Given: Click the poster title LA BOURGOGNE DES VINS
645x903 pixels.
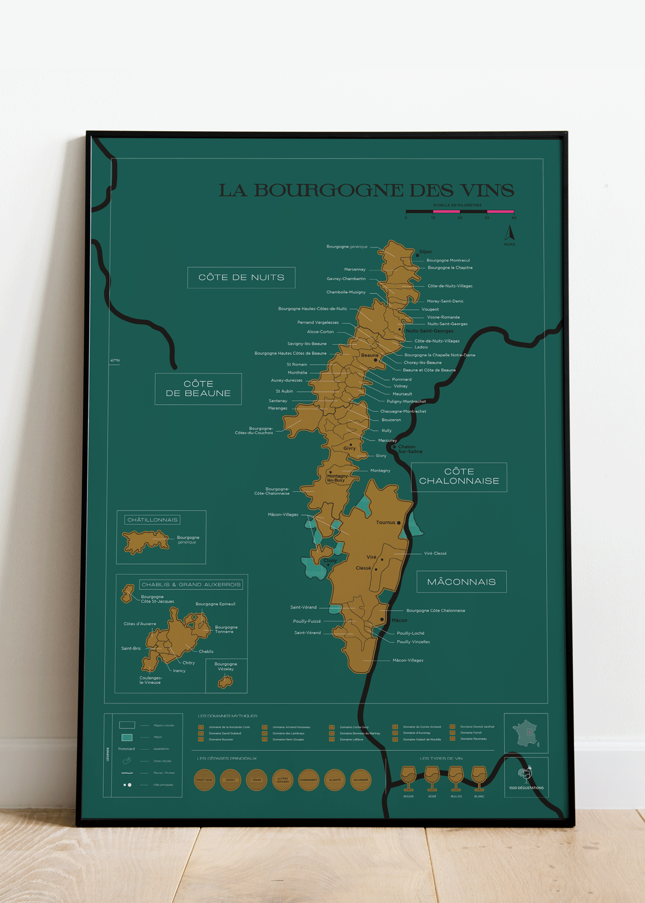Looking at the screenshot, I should pyautogui.click(x=366, y=191).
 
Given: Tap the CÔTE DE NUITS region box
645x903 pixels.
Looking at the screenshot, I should pyautogui.click(x=241, y=278).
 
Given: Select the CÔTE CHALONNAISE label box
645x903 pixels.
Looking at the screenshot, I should pyautogui.click(x=459, y=476).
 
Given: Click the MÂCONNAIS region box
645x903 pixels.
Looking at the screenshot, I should pyautogui.click(x=461, y=582).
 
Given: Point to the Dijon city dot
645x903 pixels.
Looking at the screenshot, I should pyautogui.click(x=418, y=255).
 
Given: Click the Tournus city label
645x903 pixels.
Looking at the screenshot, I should pyautogui.click(x=386, y=522).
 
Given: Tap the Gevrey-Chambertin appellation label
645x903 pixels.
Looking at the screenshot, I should pyautogui.click(x=346, y=279).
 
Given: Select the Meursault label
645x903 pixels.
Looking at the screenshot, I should pyautogui.click(x=402, y=394).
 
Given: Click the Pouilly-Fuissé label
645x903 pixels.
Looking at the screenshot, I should pyautogui.click(x=307, y=621).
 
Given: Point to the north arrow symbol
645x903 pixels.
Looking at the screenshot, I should pyautogui.click(x=510, y=234).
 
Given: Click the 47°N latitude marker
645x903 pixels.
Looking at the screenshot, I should pyautogui.click(x=115, y=361).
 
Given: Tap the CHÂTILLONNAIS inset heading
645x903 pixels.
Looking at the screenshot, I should pyautogui.click(x=152, y=520).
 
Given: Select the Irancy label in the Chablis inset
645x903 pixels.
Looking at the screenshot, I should pyautogui.click(x=179, y=670).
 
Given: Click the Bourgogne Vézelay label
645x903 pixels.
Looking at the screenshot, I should pyautogui.click(x=226, y=666).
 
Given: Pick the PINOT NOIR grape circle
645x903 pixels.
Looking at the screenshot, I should pyautogui.click(x=204, y=780).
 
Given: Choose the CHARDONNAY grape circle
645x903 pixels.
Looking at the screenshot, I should pyautogui.click(x=309, y=780).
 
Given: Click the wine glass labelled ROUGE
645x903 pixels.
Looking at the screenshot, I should pyautogui.click(x=408, y=777).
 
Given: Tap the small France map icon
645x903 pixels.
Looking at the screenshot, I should pyautogui.click(x=526, y=733).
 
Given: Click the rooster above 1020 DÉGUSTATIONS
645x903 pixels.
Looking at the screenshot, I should pyautogui.click(x=525, y=774).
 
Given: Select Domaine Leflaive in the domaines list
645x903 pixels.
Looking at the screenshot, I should pyautogui.click(x=351, y=740).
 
